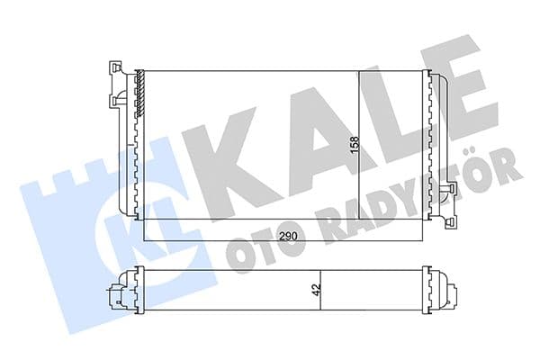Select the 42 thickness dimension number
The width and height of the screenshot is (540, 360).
[x=315, y=292]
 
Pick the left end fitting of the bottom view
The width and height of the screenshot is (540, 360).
[x=117, y=293]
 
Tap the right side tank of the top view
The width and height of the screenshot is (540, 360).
[x=436, y=144]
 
